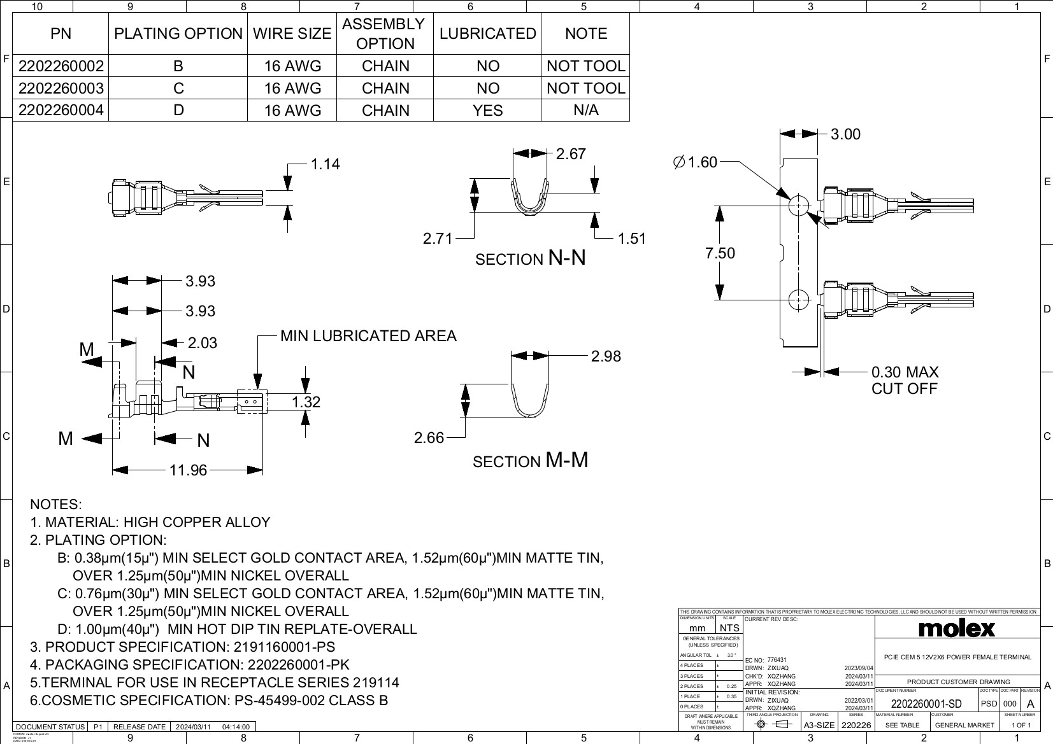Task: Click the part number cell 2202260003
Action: pyautogui.click(x=61, y=88)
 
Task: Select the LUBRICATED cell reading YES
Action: pyautogui.click(x=487, y=110)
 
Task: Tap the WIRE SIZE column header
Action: pyautogui.click(x=292, y=34)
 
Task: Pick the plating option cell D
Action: pyautogui.click(x=178, y=110)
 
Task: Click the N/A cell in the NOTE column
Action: pyautogui.click(x=585, y=110)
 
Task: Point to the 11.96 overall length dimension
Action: pyautogui.click(x=188, y=470)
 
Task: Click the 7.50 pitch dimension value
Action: pyautogui.click(x=720, y=253)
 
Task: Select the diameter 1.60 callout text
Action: pyautogui.click(x=695, y=162)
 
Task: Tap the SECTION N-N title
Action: pyautogui.click(x=530, y=258)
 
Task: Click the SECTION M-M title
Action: pyautogui.click(x=530, y=461)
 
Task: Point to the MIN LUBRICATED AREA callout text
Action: pyautogui.click(x=368, y=336)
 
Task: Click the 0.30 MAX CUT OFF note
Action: pyautogui.click(x=905, y=380)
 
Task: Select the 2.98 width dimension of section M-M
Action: pyautogui.click(x=605, y=356)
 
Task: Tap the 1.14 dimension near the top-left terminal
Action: pyautogui.click(x=325, y=164)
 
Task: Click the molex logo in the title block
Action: pyautogui.click(x=956, y=629)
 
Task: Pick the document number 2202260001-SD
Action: pyautogui.click(x=926, y=704)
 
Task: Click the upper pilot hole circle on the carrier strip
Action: pyautogui.click(x=798, y=206)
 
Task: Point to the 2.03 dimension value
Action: pyautogui.click(x=202, y=343)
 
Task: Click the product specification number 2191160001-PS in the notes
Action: pyautogui.click(x=283, y=647)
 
